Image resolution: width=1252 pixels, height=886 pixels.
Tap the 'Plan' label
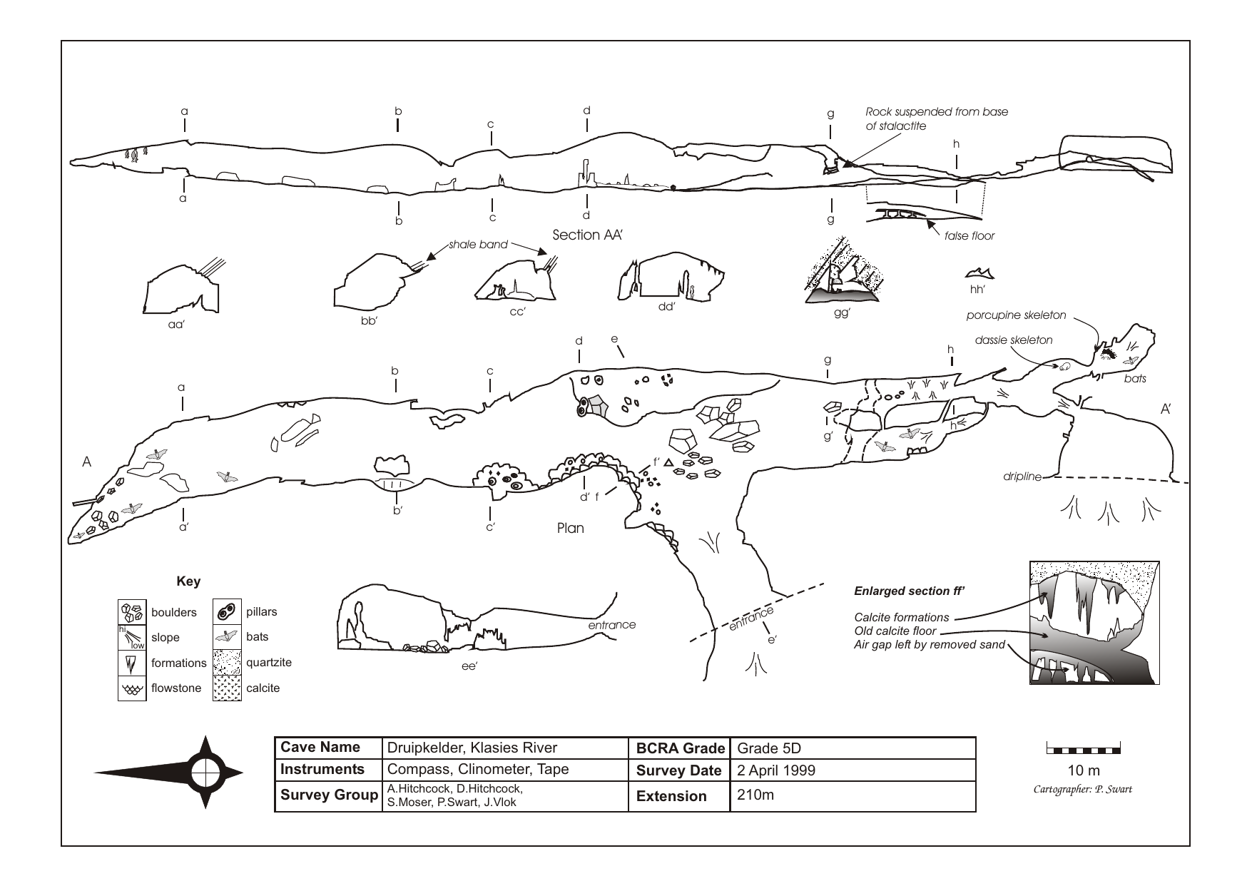point(570,529)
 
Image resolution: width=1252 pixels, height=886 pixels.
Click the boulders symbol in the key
point(132,612)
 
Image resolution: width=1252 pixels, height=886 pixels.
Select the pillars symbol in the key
point(227,612)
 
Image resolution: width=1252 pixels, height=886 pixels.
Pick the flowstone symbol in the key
point(132,688)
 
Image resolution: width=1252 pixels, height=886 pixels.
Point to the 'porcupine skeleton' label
point(1016,315)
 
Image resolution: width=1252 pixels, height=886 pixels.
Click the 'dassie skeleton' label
point(1013,340)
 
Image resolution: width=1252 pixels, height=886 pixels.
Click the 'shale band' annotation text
point(478,245)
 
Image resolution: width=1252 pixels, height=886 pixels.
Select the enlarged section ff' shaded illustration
point(1094,622)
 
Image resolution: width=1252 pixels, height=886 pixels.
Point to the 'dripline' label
point(1022,477)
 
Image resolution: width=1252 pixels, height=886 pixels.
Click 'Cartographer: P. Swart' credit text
point(1082,789)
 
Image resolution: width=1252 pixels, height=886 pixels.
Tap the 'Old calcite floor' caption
point(895,631)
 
